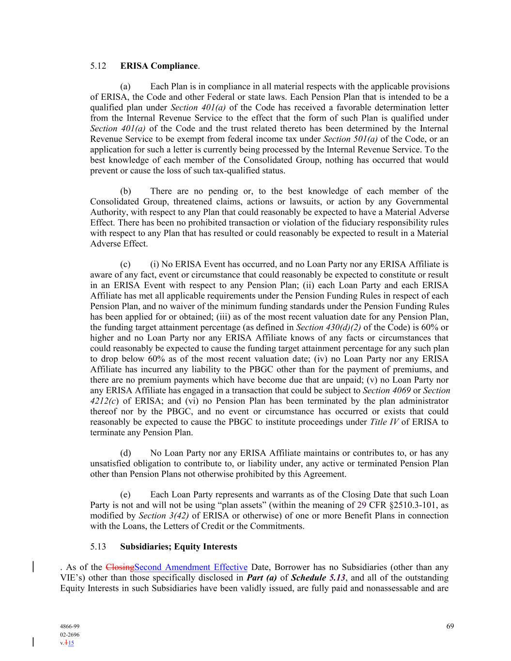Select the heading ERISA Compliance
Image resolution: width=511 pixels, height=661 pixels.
(159, 66)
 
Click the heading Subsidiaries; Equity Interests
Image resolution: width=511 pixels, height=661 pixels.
(179, 547)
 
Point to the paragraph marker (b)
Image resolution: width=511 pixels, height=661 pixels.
(125, 191)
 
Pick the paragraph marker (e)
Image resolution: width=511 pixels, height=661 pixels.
(125, 494)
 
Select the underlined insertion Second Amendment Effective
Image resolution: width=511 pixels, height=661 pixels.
(191, 568)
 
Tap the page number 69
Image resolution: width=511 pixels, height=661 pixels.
(450, 626)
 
